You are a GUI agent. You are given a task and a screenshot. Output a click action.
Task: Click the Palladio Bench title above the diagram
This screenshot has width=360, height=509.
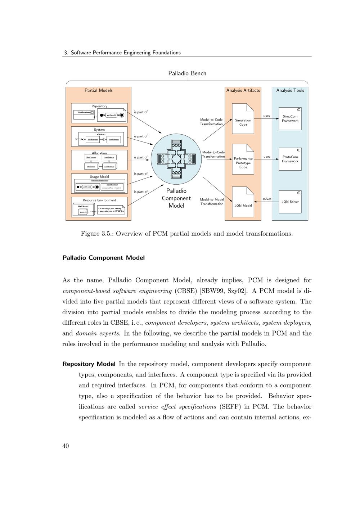point(187,73)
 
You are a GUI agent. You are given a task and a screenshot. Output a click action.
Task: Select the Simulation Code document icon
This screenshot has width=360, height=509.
point(243,119)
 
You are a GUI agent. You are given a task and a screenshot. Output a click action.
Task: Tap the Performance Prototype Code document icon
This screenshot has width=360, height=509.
point(243,159)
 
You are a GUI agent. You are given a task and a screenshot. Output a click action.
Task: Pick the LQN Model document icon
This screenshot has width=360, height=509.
point(243,202)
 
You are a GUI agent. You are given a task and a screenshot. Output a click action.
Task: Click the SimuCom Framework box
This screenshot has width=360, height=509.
point(290,118)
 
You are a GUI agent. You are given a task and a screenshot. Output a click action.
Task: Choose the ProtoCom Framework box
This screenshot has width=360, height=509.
point(290,159)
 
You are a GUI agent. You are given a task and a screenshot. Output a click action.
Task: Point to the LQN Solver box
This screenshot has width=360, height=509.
point(290,202)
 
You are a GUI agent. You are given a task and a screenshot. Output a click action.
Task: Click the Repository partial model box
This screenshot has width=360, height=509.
point(99,113)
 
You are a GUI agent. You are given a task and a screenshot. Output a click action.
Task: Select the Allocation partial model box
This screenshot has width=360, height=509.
point(99,160)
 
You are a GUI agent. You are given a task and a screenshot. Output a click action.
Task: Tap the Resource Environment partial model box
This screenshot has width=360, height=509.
point(99,207)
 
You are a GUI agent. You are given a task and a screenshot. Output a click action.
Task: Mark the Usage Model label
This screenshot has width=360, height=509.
point(99,177)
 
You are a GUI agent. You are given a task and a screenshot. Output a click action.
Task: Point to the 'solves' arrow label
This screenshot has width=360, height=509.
point(267,199)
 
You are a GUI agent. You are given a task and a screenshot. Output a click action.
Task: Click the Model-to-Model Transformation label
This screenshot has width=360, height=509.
point(212,202)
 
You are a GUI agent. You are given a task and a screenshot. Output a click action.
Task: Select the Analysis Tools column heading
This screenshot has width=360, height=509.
point(290,90)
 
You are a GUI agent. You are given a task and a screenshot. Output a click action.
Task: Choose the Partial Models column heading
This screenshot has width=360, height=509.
point(98,90)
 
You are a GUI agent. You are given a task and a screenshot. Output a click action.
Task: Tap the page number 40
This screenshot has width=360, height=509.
point(66,446)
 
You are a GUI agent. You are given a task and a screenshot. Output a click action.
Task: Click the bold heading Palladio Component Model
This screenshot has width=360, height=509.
point(104,258)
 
